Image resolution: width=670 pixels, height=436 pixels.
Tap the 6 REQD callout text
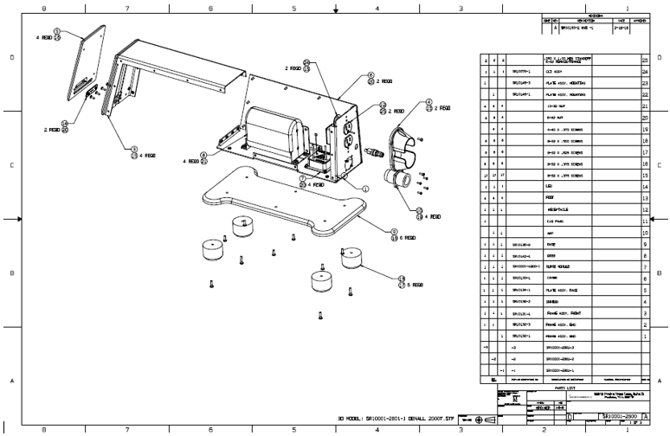(410, 237)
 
